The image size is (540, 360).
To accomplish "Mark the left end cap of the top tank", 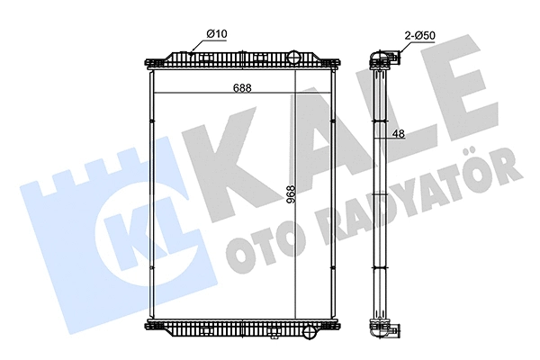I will coord(148,62).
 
